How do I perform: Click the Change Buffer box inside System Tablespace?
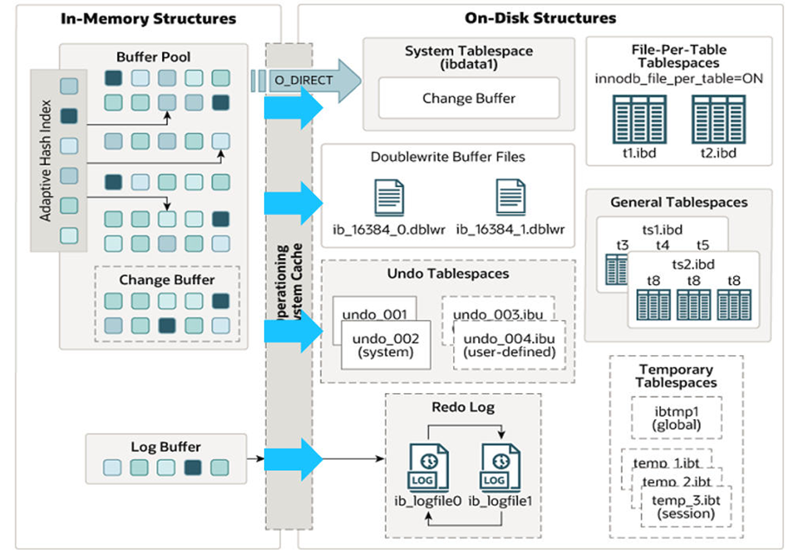pyautogui.click(x=469, y=99)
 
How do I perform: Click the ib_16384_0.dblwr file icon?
pyautogui.click(x=388, y=197)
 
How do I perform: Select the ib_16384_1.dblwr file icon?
pyautogui.click(x=510, y=197)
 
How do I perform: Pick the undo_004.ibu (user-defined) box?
pyautogui.click(x=509, y=345)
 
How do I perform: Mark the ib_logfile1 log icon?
pyautogui.click(x=501, y=470)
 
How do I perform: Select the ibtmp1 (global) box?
pyautogui.click(x=676, y=418)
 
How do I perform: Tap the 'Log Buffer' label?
pyautogui.click(x=165, y=448)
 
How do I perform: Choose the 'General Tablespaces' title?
pyautogui.click(x=678, y=203)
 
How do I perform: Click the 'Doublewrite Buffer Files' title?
pyautogui.click(x=447, y=158)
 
